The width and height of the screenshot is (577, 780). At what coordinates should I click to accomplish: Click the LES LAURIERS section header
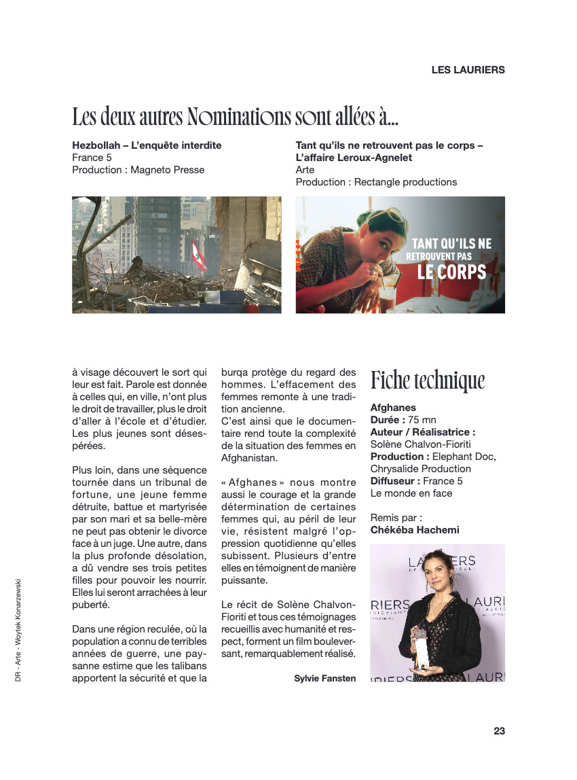click(468, 70)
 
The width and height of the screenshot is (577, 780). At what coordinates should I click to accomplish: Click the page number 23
click(499, 731)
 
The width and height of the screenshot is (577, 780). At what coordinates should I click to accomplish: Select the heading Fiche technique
click(428, 380)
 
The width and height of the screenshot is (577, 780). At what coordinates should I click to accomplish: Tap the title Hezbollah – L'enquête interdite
click(147, 145)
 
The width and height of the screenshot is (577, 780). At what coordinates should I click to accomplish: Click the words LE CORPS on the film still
click(451, 272)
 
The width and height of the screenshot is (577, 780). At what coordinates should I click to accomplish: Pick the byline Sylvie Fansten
click(324, 678)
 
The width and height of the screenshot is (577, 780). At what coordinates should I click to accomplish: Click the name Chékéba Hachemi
click(415, 530)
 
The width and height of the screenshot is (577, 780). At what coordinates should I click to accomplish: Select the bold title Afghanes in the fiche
click(393, 408)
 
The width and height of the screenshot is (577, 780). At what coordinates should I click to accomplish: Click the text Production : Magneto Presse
click(138, 170)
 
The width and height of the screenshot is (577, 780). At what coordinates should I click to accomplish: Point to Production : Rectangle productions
click(376, 182)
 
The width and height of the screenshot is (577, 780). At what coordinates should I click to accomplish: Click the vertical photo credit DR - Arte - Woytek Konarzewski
click(18, 631)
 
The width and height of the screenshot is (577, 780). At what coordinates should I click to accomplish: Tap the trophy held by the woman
click(424, 649)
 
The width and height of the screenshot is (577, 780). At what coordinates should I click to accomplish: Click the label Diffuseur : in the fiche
click(394, 481)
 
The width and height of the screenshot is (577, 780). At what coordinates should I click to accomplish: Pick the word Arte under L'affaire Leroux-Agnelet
click(305, 170)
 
